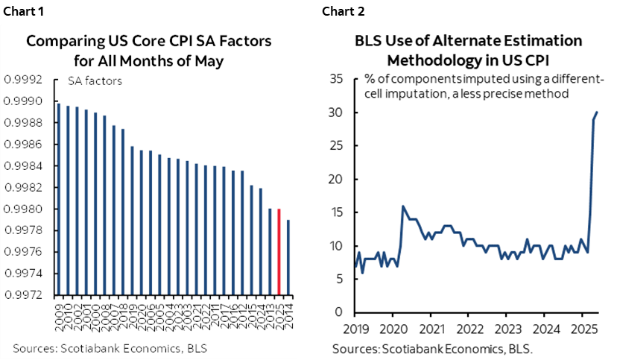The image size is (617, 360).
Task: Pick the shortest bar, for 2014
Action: pos(288,257)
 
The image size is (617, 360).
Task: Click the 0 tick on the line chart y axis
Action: pos(339,312)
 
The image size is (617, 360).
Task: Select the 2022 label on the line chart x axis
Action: pos(468,328)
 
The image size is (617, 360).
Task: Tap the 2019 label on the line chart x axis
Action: pos(356,328)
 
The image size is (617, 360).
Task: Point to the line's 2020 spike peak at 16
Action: pos(402,206)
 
